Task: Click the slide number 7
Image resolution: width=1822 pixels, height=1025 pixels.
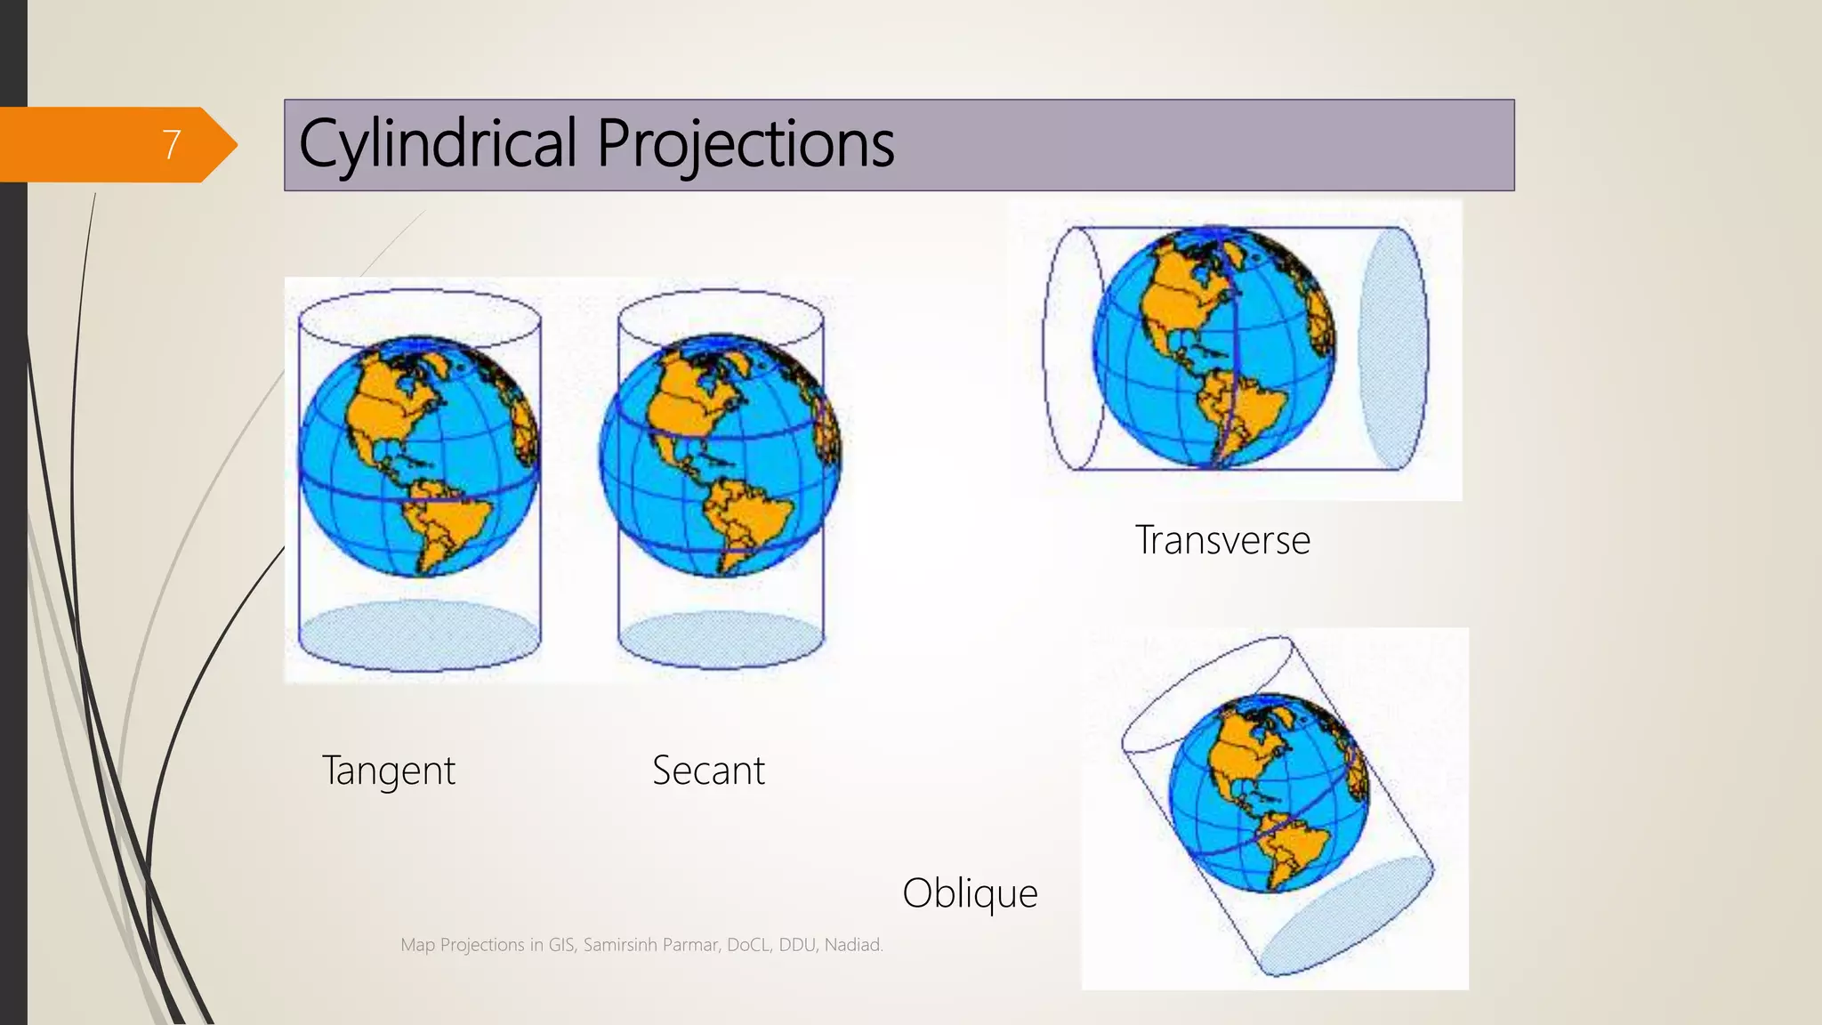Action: click(171, 144)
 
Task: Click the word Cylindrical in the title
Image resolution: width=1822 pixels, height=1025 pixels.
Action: click(438, 144)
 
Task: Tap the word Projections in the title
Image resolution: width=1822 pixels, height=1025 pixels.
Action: click(745, 144)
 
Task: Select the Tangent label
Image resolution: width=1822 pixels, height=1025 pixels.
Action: click(389, 771)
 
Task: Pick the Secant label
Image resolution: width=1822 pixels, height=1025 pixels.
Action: click(708, 771)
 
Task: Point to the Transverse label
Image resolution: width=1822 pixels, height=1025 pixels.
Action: click(1222, 540)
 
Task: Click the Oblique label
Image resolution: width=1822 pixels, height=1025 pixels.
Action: click(970, 892)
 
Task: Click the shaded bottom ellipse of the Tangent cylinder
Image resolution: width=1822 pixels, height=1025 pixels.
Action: click(419, 635)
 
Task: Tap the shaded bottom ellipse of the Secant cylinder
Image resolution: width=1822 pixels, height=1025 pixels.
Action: click(721, 640)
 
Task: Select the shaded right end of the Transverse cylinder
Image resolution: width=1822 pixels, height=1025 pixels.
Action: click(1392, 348)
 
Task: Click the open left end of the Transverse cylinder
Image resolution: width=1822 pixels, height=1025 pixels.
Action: click(1072, 348)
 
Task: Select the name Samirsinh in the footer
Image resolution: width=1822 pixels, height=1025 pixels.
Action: click(619, 945)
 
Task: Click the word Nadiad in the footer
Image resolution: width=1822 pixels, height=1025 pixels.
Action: click(852, 945)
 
